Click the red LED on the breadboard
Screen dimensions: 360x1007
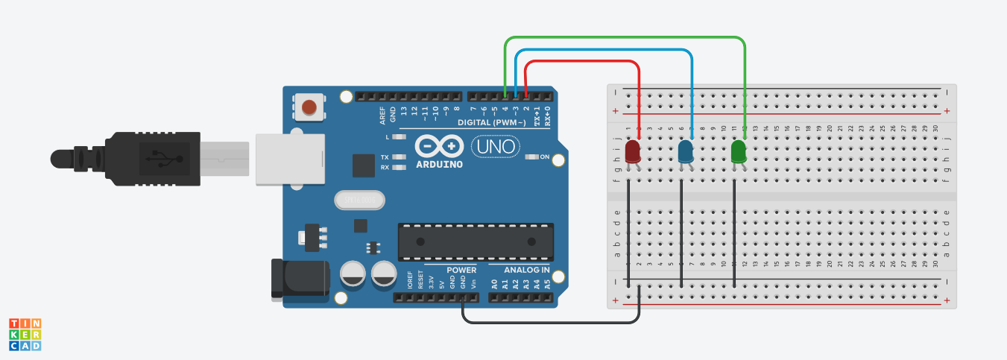(633, 152)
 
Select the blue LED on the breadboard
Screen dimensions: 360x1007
(685, 153)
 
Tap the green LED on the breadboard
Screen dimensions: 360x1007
(739, 152)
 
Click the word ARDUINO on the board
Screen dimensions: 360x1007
(440, 164)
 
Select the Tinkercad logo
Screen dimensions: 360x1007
(25, 334)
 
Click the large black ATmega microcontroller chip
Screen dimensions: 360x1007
(476, 241)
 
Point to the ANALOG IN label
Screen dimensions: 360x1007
(527, 270)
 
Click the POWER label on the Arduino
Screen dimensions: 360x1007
(461, 270)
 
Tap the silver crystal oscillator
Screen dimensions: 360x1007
(361, 200)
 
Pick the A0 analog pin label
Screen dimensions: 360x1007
(494, 283)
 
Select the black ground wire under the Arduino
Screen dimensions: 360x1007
(552, 322)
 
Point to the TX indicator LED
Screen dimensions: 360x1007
(399, 157)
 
